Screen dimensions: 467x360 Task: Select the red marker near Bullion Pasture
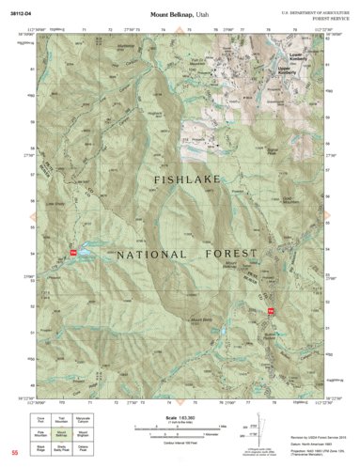click(271, 311)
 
